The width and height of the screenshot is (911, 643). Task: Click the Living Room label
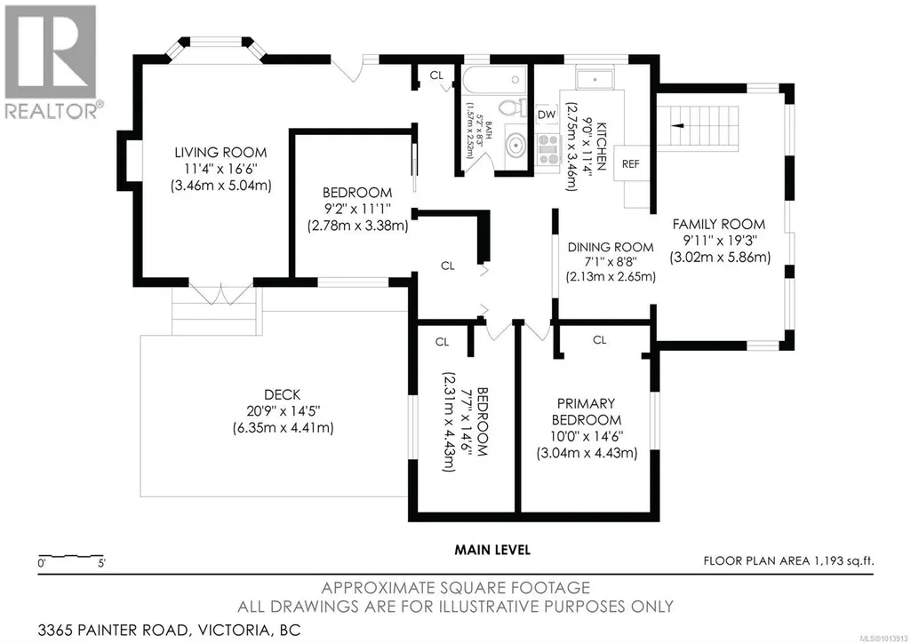[x=220, y=153]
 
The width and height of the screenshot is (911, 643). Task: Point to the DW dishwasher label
[x=546, y=115]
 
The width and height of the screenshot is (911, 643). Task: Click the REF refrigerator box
[x=631, y=163]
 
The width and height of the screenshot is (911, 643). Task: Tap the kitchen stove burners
[x=547, y=149]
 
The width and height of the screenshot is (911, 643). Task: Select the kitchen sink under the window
[x=595, y=80]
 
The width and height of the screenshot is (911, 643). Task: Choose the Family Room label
[x=719, y=224]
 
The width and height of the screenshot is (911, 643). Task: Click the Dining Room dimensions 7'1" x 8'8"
[x=611, y=262]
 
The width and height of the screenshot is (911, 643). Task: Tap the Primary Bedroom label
[x=587, y=411]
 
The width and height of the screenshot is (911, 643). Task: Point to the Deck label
[x=283, y=394]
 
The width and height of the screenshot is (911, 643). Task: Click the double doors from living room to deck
[x=220, y=294]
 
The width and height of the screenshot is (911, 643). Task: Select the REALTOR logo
[x=52, y=61]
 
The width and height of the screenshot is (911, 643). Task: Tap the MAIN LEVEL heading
[x=492, y=550]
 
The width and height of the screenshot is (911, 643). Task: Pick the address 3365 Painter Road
[x=113, y=630]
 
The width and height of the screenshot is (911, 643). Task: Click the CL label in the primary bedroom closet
[x=600, y=339]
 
